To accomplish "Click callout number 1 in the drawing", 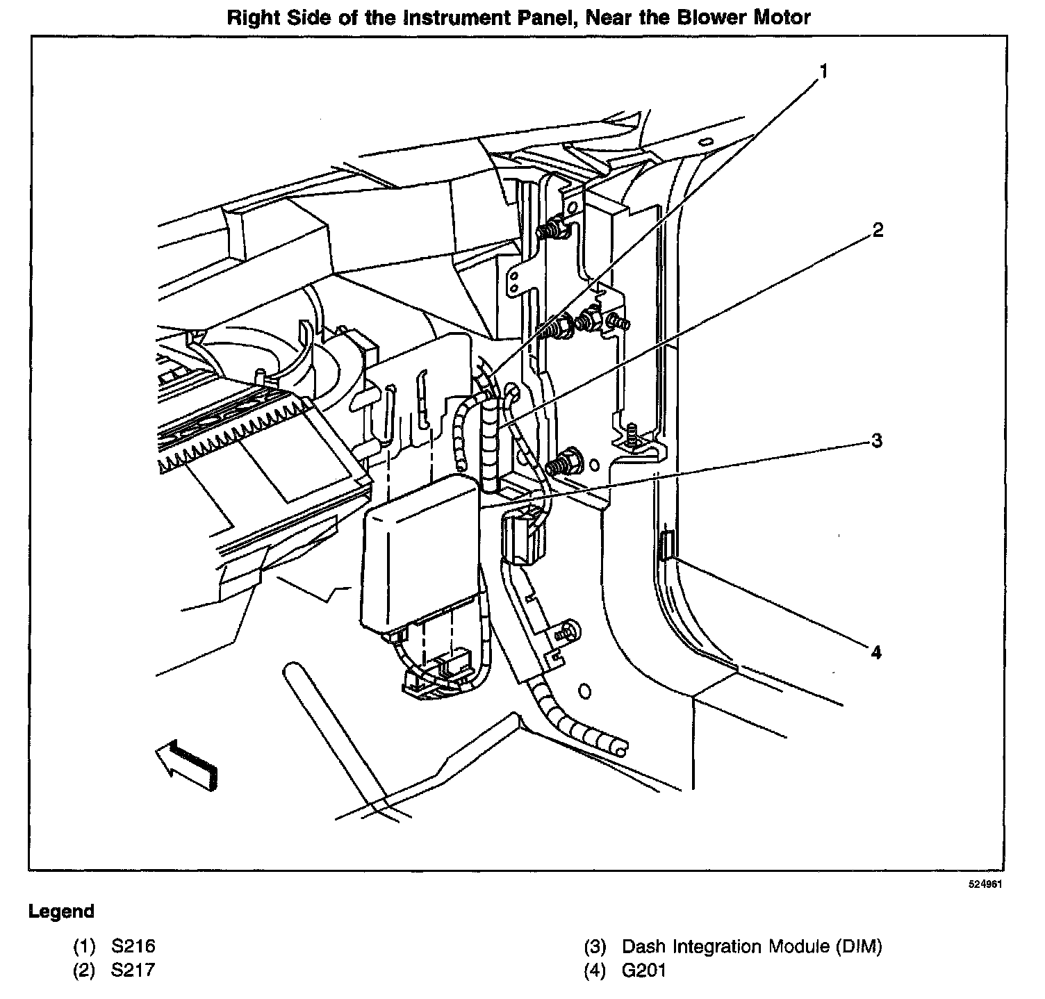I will tap(824, 71).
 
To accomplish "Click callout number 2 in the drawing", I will tap(878, 230).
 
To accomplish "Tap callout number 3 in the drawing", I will tap(877, 440).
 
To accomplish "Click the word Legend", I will tap(61, 911).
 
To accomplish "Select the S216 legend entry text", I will tap(133, 946).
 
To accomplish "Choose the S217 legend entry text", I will tap(133, 970).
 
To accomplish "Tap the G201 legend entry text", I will tap(643, 970).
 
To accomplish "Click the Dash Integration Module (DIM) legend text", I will tap(751, 946).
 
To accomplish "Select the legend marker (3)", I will tap(595, 946).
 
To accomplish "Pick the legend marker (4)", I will tap(595, 970).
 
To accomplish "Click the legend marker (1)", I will tap(84, 946).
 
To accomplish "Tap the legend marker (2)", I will tap(84, 970).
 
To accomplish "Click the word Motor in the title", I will tap(784, 17).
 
